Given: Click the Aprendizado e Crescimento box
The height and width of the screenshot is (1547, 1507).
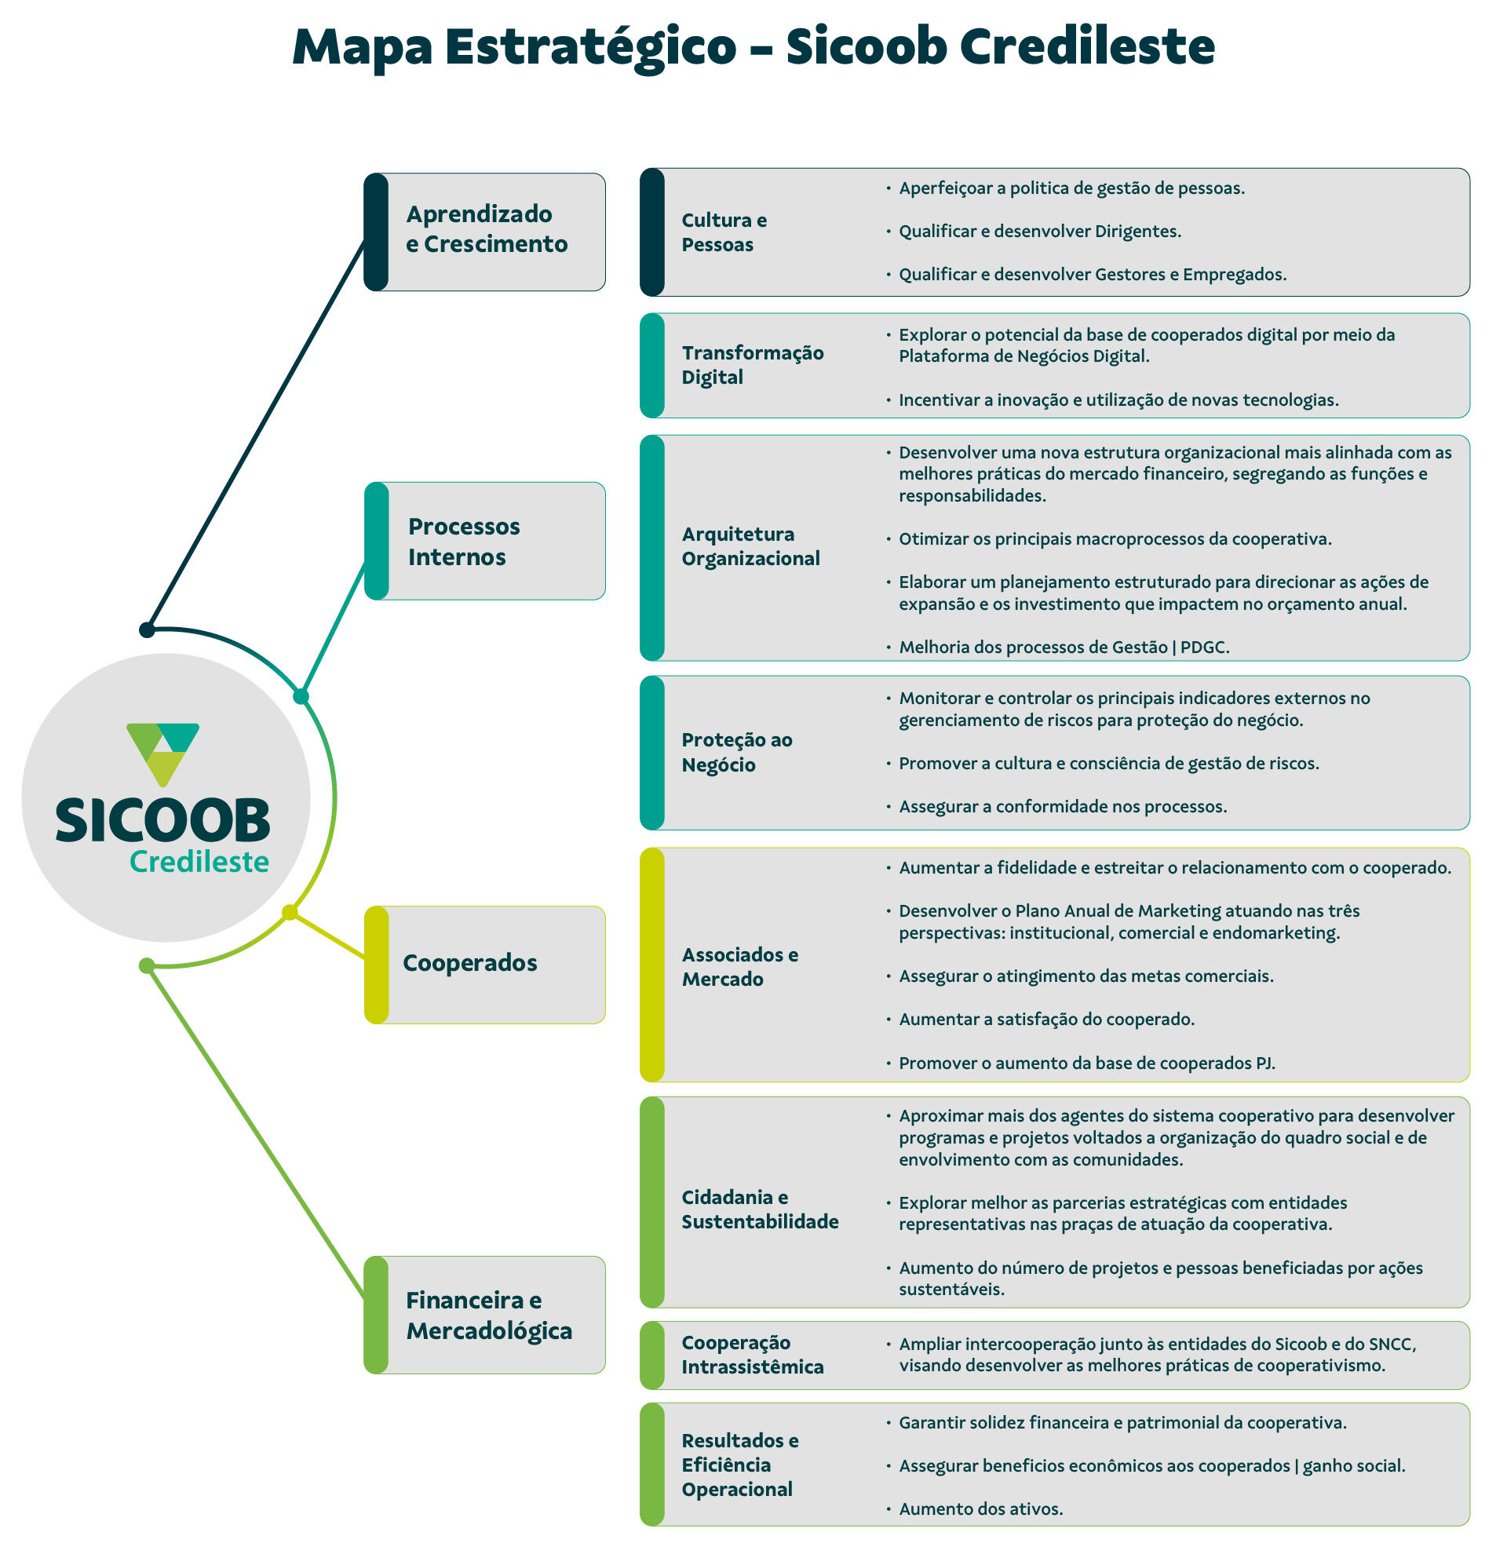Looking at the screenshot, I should [486, 232].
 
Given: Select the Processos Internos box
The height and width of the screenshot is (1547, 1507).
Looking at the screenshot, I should [486, 542].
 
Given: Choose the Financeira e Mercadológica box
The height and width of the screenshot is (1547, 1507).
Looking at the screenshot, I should [486, 1315].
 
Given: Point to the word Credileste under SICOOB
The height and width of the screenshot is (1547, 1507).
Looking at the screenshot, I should [199, 862].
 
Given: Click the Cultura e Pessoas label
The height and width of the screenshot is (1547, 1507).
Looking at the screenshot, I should [724, 232].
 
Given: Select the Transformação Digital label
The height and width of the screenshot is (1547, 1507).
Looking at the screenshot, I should [753, 365].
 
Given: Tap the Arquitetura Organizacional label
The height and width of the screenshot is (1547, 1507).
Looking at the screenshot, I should [750, 546].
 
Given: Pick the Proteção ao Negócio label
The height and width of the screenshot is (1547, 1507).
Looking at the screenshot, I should [737, 752].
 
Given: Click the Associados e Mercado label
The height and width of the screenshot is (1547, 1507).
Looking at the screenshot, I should [740, 966].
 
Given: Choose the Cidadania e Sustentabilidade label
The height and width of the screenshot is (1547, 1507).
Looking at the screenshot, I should [760, 1210].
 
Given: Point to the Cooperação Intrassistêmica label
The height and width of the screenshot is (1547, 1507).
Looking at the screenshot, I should [753, 1355].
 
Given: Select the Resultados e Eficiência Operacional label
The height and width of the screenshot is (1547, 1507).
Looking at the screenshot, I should [740, 1465].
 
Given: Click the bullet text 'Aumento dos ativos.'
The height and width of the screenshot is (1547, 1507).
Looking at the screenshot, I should [980, 1509].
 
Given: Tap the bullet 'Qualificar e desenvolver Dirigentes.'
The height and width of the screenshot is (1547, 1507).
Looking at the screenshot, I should [1040, 231].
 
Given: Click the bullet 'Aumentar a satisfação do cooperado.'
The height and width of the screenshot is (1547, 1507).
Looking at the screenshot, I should [1046, 1020].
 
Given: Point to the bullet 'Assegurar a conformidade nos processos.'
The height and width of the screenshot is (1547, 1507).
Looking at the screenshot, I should [1063, 806].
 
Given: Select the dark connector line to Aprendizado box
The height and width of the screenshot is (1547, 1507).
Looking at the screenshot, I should [257, 432].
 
